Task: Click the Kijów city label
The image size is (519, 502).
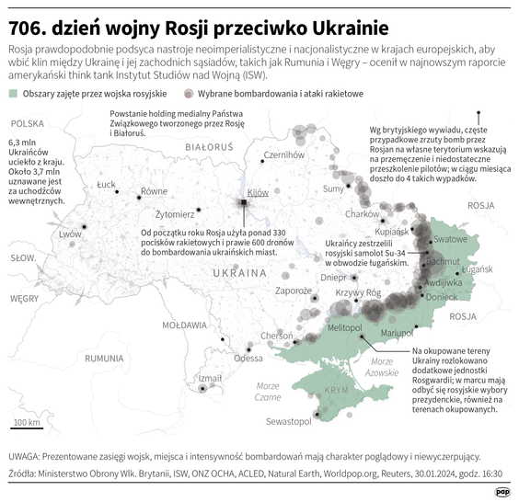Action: point(258,192)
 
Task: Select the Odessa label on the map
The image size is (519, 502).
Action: point(248,358)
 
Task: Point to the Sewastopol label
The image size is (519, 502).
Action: point(290,421)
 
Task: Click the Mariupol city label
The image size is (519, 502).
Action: point(399,332)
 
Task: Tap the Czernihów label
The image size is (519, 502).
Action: point(284,155)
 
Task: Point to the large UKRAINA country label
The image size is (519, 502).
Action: point(239,274)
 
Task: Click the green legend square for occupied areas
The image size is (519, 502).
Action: point(12,94)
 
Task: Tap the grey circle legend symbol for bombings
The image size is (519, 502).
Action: point(189,94)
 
